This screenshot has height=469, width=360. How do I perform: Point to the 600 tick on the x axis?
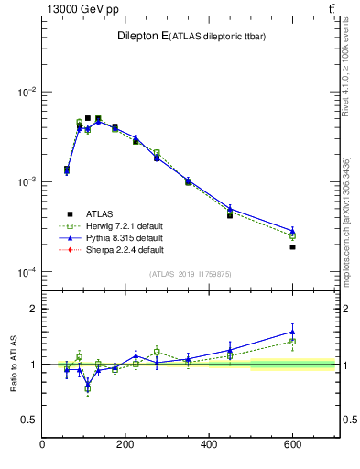(292, 445)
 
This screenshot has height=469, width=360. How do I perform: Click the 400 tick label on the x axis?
(209, 445)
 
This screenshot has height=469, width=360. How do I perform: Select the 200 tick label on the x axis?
(125, 445)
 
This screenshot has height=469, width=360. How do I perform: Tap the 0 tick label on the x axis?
(43, 445)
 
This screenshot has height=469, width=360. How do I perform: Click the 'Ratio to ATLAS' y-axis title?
(13, 365)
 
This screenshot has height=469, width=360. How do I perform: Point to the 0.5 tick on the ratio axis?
(30, 420)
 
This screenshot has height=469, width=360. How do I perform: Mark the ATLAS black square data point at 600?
(292, 246)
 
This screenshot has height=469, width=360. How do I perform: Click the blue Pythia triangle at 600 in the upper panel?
(292, 231)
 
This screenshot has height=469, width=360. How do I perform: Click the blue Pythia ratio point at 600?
(292, 332)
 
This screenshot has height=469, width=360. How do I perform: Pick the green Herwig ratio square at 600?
(292, 341)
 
